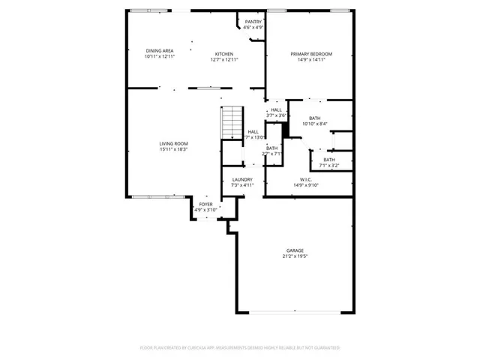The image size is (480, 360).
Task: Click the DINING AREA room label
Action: point(160,51)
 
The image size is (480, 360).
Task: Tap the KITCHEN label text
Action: point(224,54)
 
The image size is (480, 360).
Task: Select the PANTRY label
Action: point(253,22)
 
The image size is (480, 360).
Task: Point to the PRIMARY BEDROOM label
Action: point(311,54)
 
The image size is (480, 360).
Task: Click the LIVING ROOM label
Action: point(173,143)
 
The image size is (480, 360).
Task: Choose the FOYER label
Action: point(205,204)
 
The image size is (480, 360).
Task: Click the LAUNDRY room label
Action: point(241,180)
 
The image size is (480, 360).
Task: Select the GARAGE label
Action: point(295,250)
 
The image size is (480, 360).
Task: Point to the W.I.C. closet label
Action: point(306,179)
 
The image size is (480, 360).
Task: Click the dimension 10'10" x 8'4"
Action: point(315,124)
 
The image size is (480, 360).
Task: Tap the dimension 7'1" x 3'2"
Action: point(329,165)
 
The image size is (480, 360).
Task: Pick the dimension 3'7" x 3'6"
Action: point(277,115)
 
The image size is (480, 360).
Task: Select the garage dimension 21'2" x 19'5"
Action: point(295,256)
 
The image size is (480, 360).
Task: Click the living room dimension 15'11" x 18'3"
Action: point(173,149)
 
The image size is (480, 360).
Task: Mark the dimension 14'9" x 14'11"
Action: point(311,60)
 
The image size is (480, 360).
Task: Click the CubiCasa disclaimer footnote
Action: point(240,348)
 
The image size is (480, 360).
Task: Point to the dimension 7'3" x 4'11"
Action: point(241,185)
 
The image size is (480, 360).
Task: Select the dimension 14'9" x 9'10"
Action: point(306,185)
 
